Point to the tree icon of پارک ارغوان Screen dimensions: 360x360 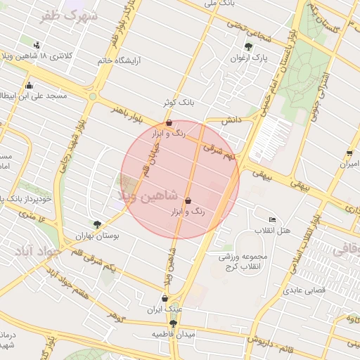click(x=248, y=46)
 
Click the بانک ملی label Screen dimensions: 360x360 click(x=219, y=4)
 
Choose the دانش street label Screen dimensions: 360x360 click(x=232, y=120)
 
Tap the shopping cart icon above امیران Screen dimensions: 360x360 click(x=349, y=153)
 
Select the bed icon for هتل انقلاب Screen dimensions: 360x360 click(x=273, y=220)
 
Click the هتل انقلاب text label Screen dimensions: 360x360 click(x=271, y=231)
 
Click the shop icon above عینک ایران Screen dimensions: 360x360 click(x=164, y=297)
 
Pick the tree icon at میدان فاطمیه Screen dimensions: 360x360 click(x=173, y=323)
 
